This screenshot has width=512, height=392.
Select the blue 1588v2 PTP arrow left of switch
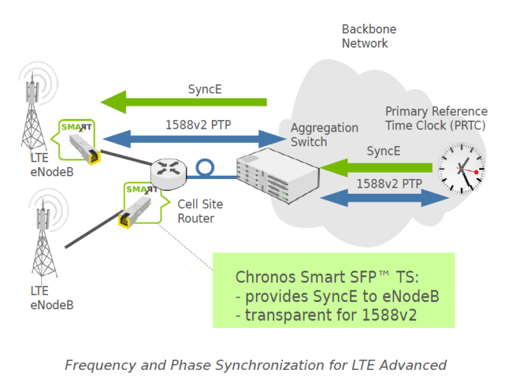193,138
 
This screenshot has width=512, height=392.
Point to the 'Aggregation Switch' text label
324,134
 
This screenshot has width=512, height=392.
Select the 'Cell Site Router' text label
200,210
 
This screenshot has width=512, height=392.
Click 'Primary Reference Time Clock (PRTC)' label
436,118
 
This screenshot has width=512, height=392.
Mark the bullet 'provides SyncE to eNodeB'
337,297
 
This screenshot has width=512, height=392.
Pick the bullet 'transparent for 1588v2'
326,315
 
